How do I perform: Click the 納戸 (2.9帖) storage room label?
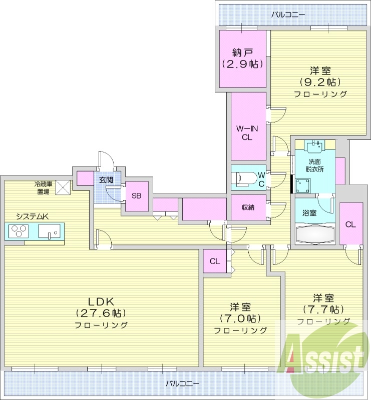(x=242, y=58)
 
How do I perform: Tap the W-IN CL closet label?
(x=247, y=133)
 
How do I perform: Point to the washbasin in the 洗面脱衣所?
(x=315, y=146)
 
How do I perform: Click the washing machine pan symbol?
(x=303, y=185)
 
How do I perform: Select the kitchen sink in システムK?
(x=50, y=231)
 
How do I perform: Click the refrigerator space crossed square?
(x=63, y=187)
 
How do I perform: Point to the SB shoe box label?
(x=136, y=196)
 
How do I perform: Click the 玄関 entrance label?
(x=106, y=180)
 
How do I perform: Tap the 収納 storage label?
(x=248, y=207)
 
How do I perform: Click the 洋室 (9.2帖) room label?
(x=320, y=76)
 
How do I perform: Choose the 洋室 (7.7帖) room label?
(x=323, y=304)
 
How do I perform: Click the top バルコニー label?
(x=288, y=14)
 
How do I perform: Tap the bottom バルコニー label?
(x=182, y=383)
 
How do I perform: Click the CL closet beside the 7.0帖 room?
(x=215, y=261)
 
